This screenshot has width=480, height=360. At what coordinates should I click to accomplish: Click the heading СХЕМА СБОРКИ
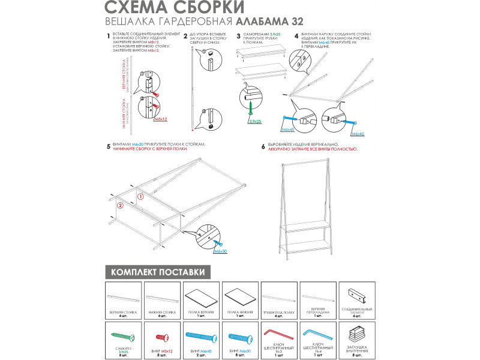(175, 8)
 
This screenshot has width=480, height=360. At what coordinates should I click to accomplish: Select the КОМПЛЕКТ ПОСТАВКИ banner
(158, 272)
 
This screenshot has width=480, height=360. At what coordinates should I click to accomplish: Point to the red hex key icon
(278, 333)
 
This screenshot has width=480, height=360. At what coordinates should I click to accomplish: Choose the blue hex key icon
(317, 333)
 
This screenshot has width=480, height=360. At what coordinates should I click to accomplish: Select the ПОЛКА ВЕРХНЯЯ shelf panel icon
(201, 297)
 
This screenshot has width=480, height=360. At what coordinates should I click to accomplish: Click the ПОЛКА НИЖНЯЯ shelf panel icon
(240, 297)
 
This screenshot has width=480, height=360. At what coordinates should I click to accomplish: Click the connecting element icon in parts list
(356, 295)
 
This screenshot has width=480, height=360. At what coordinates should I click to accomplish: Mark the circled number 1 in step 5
(141, 196)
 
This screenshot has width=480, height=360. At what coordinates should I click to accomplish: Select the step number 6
(263, 146)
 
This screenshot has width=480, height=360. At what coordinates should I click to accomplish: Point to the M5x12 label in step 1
(160, 120)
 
